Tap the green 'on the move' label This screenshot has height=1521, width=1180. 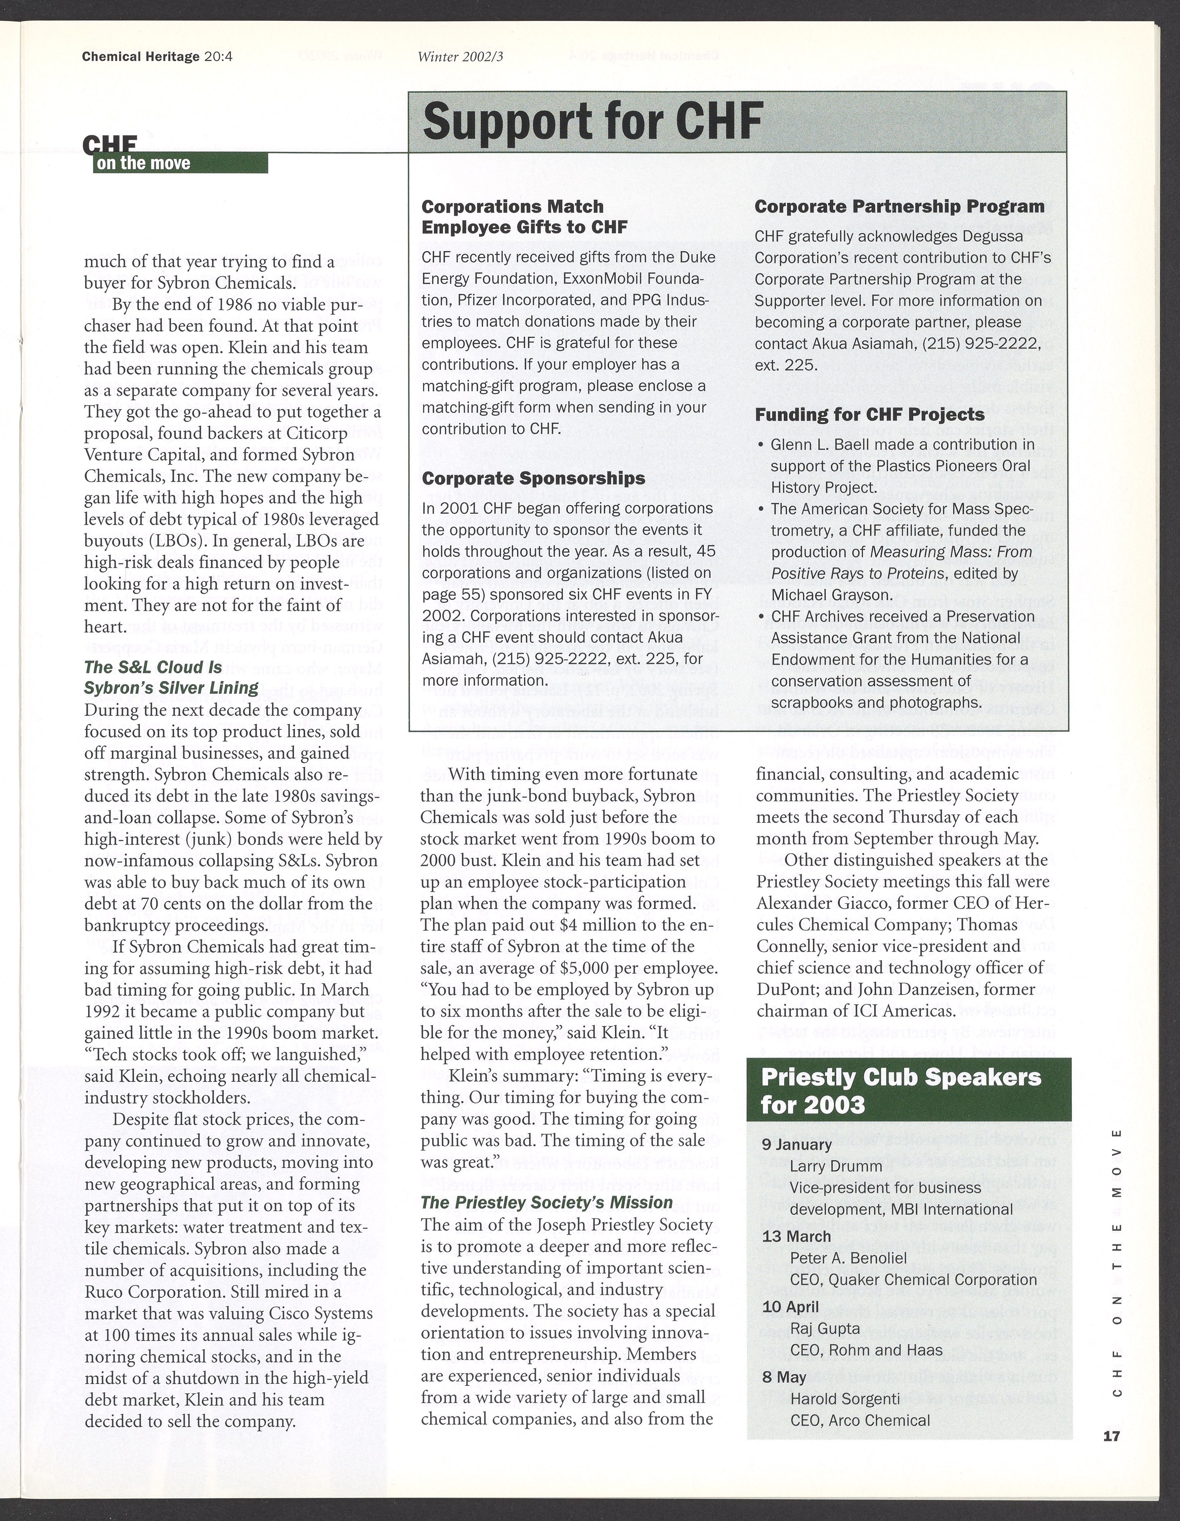pyautogui.click(x=144, y=164)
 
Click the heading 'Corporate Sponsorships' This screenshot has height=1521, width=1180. pyautogui.click(x=534, y=478)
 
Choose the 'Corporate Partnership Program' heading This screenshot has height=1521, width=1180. pyautogui.click(x=899, y=207)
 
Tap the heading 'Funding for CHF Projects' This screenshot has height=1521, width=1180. pyautogui.click(x=869, y=414)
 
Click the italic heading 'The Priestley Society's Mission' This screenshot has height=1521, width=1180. pyautogui.click(x=547, y=1203)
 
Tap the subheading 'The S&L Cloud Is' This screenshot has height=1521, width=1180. pyautogui.click(x=153, y=667)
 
